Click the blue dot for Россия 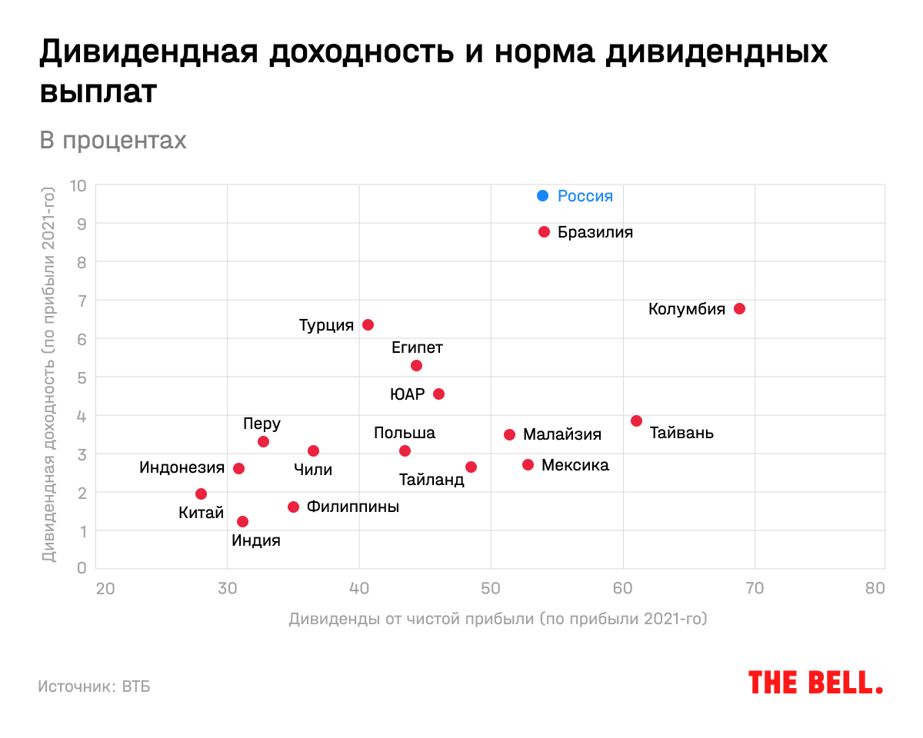click(x=542, y=195)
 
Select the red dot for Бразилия click(x=544, y=231)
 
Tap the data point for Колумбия click(x=739, y=308)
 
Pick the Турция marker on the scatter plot click(x=368, y=324)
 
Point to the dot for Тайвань click(x=636, y=421)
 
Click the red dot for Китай click(x=201, y=494)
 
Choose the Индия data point click(x=242, y=521)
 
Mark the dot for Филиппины click(x=293, y=507)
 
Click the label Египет click(x=417, y=347)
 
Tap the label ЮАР click(x=408, y=394)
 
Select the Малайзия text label click(x=562, y=434)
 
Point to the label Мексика click(x=575, y=465)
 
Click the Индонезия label click(x=182, y=467)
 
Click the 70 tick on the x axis click(x=755, y=589)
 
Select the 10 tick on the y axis click(x=78, y=185)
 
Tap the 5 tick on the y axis click(x=81, y=377)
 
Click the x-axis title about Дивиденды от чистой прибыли click(x=498, y=619)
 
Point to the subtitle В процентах click(x=112, y=141)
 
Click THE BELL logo click(x=815, y=682)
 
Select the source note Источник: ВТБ click(x=94, y=686)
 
